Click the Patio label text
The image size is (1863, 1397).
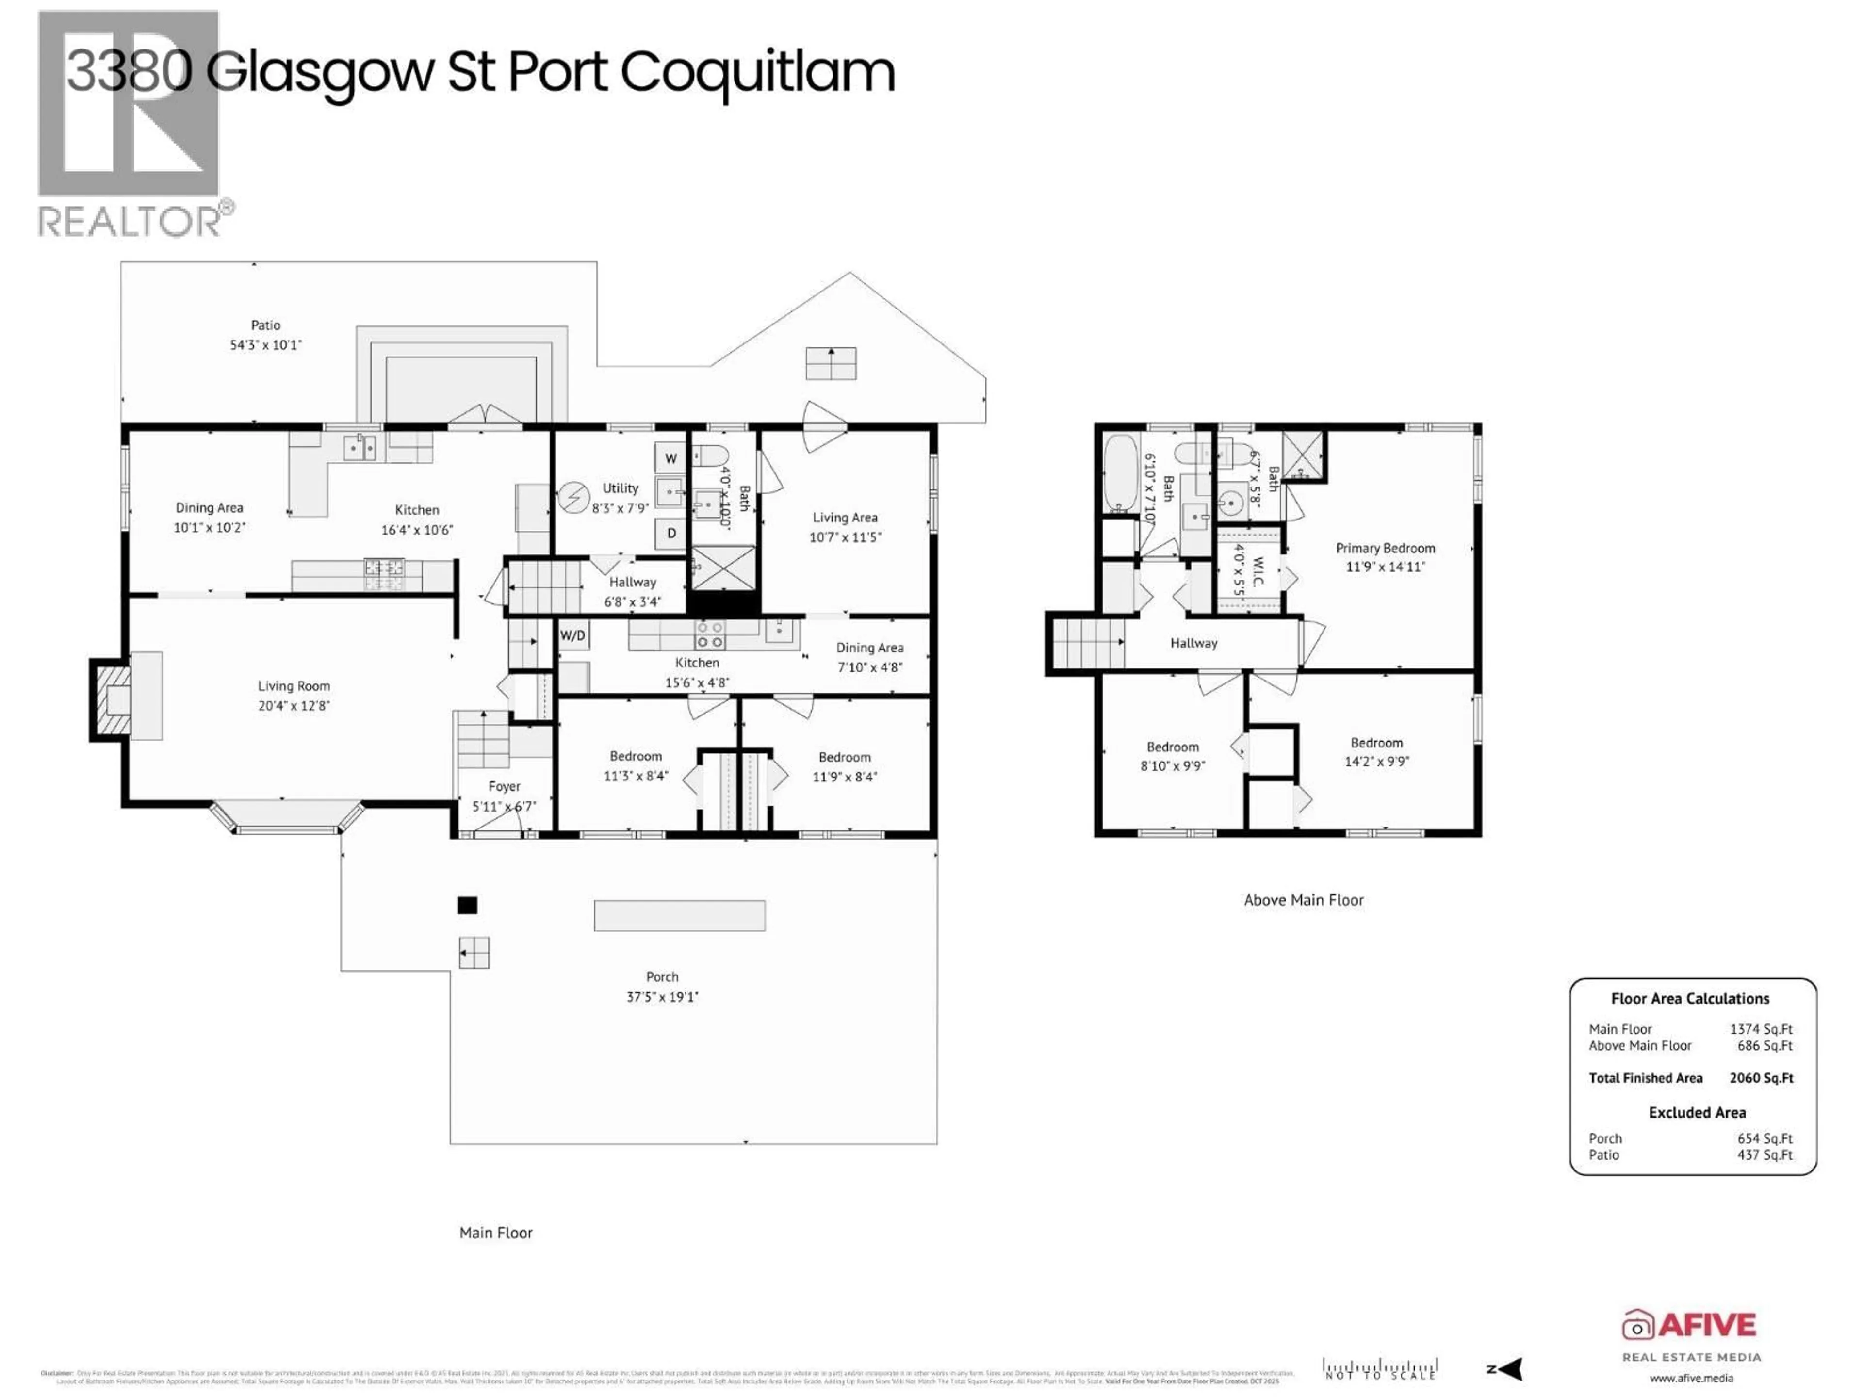(x=265, y=325)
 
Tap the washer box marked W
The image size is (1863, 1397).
(x=670, y=458)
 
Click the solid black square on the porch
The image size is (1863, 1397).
(x=467, y=905)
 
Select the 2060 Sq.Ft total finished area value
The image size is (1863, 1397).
(x=1761, y=1078)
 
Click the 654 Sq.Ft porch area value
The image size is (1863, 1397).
(x=1765, y=1138)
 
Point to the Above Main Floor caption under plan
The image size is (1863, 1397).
(x=1303, y=900)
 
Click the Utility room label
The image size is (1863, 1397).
(x=620, y=488)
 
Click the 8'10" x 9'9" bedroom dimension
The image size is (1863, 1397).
(x=1172, y=766)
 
